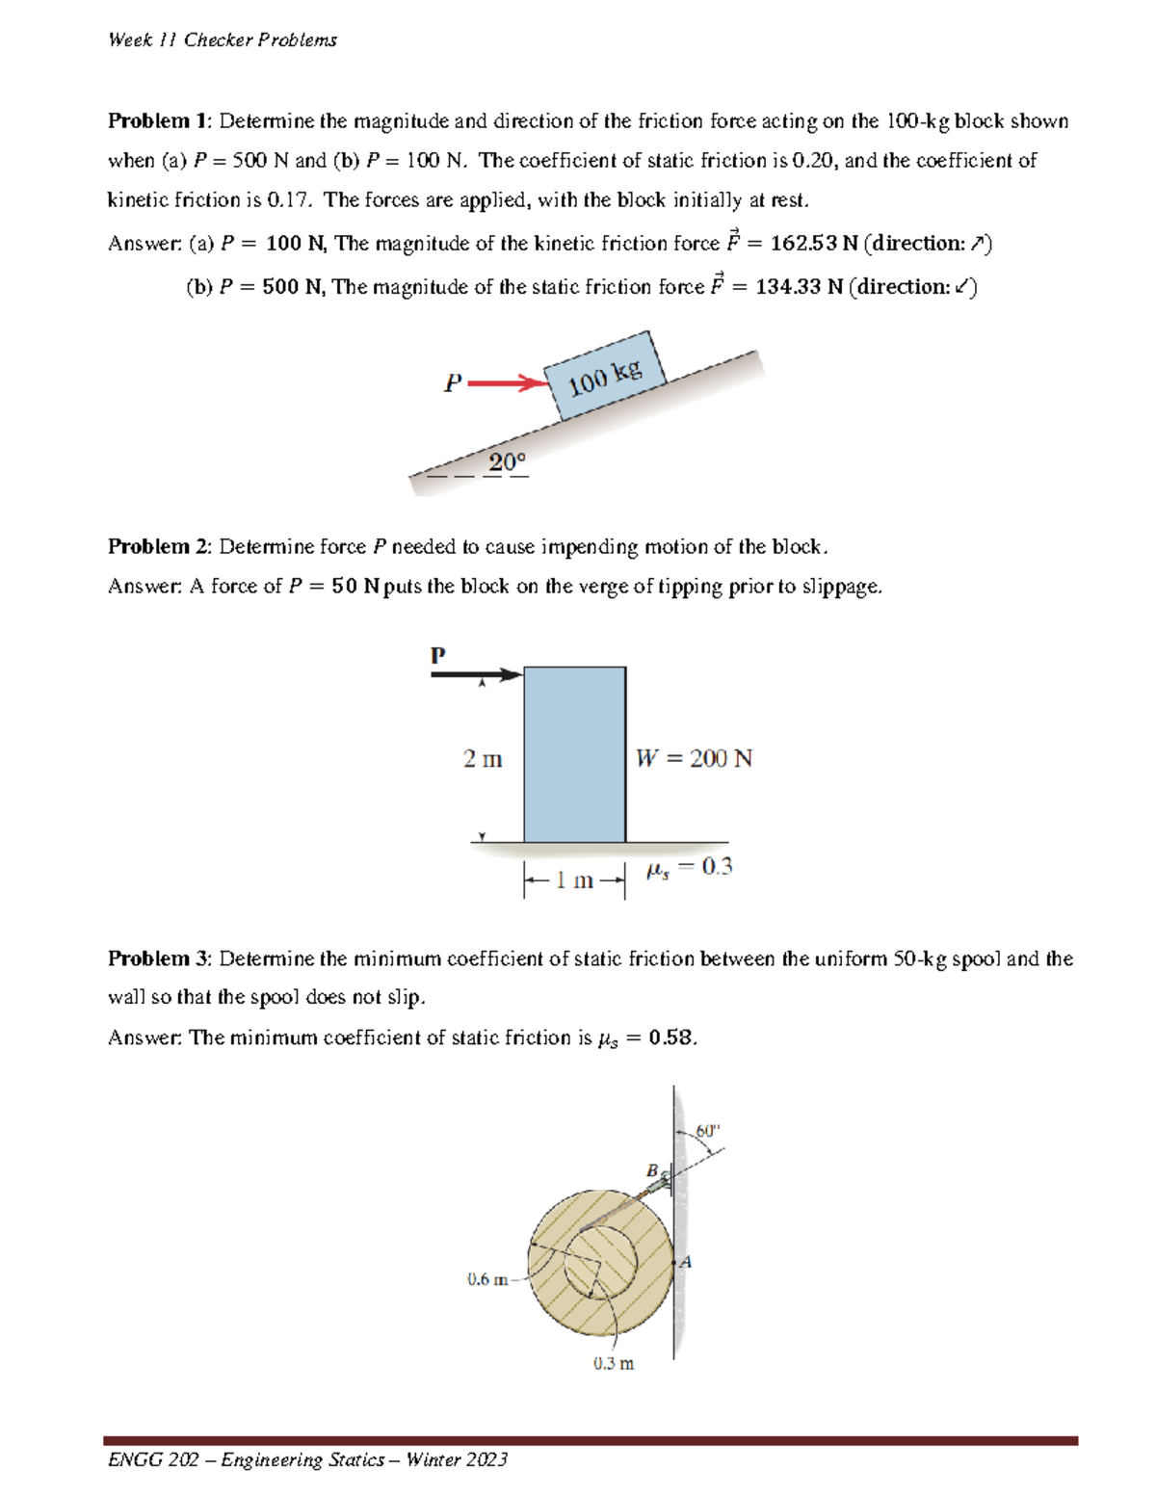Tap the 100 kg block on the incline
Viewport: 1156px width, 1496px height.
coord(605,376)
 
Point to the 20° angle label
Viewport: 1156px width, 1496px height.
coord(507,462)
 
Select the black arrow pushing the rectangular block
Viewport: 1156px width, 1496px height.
coord(476,674)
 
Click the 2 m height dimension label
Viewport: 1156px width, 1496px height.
coord(482,759)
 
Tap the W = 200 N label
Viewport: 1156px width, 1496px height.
coord(694,759)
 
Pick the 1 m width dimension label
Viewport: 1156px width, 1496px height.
coord(574,880)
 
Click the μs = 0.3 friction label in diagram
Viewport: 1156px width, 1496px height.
coord(689,867)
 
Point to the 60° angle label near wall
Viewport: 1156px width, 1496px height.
coord(707,1130)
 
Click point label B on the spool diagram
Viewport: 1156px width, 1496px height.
coord(652,1169)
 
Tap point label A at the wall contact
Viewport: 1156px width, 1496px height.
coord(686,1262)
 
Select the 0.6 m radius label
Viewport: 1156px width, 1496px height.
coord(487,1279)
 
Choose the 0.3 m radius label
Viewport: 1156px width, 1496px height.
coord(614,1363)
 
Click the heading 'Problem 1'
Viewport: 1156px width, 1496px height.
coord(158,121)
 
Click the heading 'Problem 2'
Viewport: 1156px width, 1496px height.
coord(158,547)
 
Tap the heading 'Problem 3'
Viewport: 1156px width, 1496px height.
coord(158,958)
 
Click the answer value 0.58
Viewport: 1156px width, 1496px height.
coord(670,1037)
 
